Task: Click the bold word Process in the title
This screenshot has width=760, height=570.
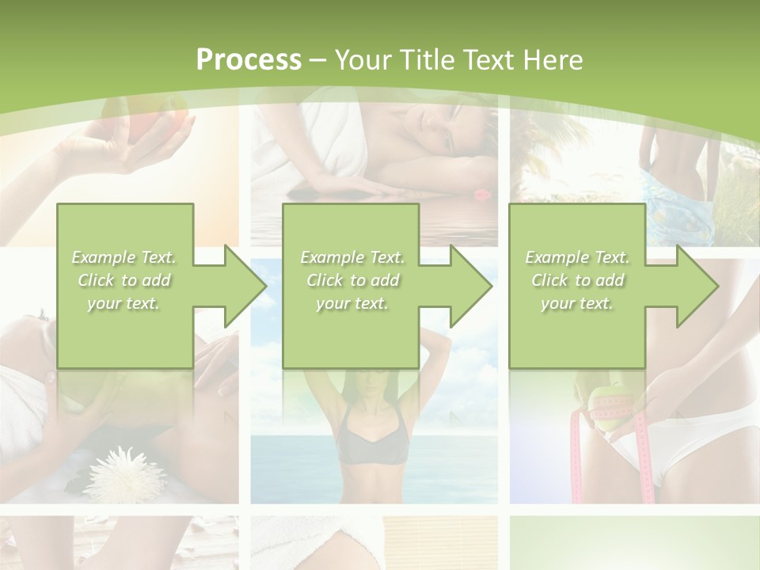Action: [x=249, y=60]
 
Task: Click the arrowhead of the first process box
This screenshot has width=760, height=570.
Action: [x=245, y=286]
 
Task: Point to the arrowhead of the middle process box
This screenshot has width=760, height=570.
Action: [x=471, y=286]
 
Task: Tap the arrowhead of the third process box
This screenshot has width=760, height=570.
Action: [x=697, y=286]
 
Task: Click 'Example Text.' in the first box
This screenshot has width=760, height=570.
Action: [x=124, y=257]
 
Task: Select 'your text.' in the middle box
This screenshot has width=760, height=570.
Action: [x=352, y=303]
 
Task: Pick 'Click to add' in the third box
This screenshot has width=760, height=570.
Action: [x=577, y=280]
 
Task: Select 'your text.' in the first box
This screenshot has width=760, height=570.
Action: [x=124, y=303]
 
